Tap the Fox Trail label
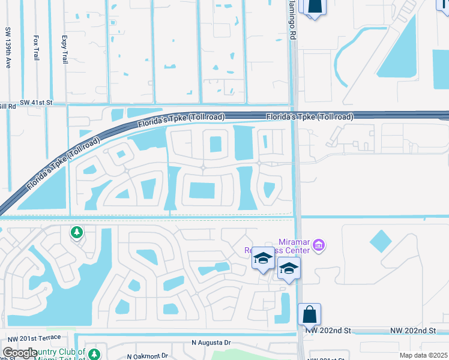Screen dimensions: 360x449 click(x=36, y=46)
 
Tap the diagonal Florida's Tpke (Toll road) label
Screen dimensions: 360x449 click(x=63, y=166)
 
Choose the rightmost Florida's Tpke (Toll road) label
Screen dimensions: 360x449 click(x=310, y=116)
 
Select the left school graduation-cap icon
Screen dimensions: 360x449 click(x=262, y=259)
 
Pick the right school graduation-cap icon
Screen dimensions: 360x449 click(x=289, y=268)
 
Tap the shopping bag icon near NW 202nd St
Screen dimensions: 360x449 click(x=309, y=314)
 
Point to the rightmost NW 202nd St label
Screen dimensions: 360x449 click(x=412, y=331)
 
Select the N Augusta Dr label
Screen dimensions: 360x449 click(x=211, y=343)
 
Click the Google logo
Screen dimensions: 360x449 click(x=20, y=353)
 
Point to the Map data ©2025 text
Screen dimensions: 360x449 click(x=424, y=355)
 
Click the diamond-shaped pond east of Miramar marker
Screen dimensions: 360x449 click(x=381, y=241)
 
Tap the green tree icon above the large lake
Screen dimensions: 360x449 click(x=76, y=232)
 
